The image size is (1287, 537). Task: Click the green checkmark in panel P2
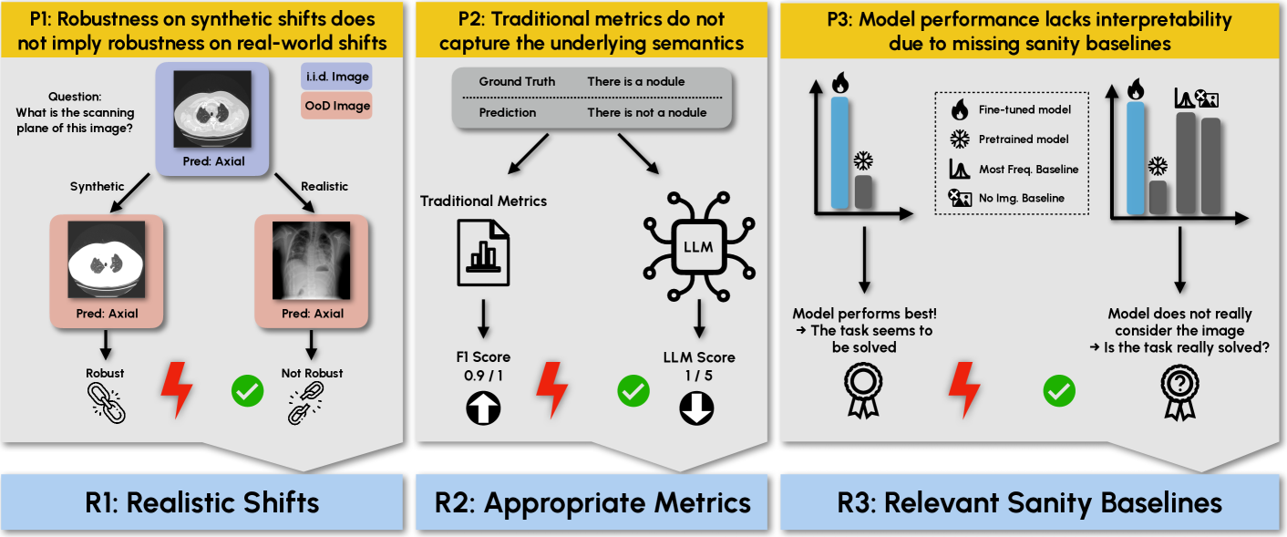[x=633, y=392]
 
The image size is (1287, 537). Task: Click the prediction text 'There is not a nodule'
[x=646, y=112]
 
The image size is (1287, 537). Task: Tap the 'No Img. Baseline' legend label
[x=1021, y=197]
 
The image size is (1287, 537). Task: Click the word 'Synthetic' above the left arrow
[x=97, y=186]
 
